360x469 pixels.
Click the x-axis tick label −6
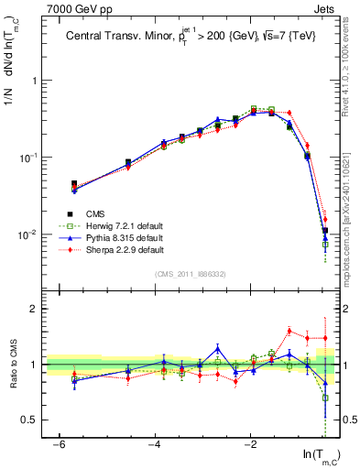58,444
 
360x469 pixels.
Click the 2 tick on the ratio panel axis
33,309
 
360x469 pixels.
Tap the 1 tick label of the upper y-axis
33,81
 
